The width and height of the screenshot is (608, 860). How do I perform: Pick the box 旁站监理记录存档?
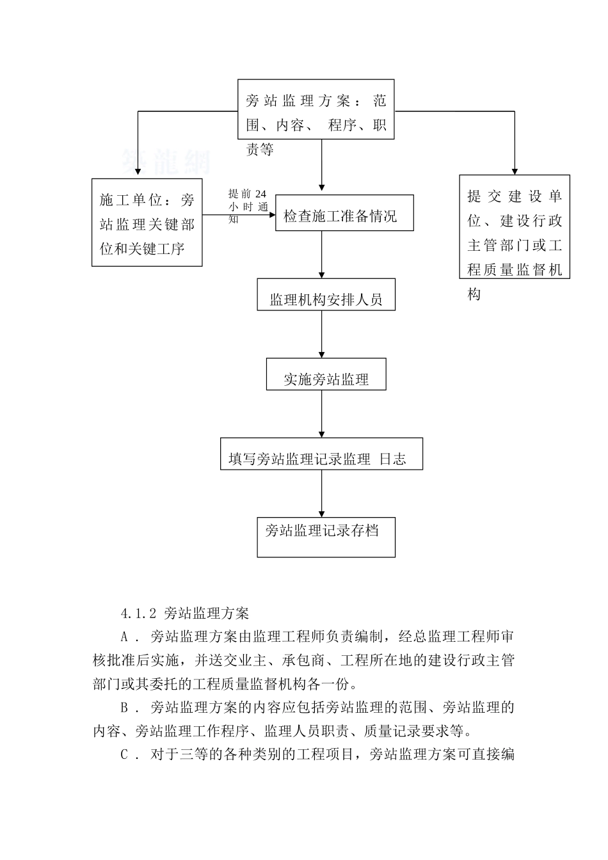click(326, 537)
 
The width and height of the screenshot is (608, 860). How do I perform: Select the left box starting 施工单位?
click(147, 222)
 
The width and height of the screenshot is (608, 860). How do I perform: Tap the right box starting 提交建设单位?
click(514, 227)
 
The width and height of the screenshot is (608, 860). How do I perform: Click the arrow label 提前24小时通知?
click(247, 205)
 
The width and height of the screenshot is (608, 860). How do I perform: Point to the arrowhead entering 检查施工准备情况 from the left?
click(271, 215)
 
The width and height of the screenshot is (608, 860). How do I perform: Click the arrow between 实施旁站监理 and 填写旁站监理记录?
click(322, 414)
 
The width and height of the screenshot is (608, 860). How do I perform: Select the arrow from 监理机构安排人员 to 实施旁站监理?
click(322, 334)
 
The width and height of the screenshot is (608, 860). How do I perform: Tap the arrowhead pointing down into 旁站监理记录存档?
click(322, 513)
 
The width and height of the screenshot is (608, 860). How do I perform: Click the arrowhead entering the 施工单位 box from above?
click(137, 173)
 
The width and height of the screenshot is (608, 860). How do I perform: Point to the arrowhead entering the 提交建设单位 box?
click(514, 171)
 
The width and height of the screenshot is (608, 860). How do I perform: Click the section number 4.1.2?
click(139, 614)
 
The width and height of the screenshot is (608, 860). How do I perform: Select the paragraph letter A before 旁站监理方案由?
click(125, 637)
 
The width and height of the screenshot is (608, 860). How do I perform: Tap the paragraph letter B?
click(125, 708)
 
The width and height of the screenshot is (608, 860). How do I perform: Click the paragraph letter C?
click(125, 754)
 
